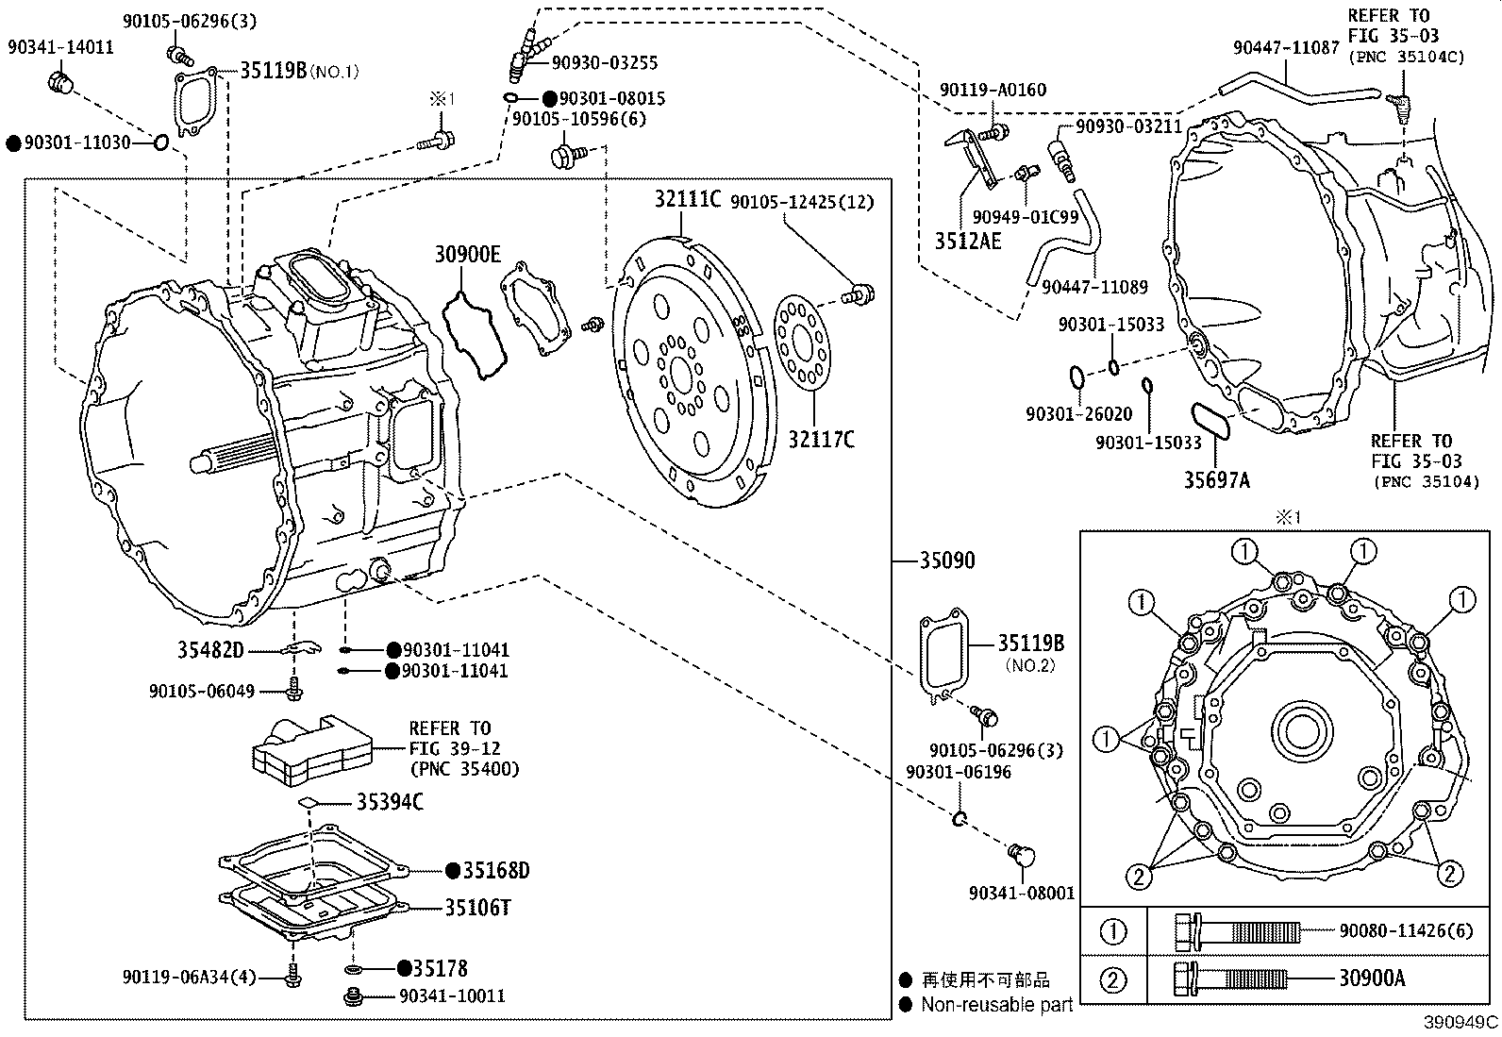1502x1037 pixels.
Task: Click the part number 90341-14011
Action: pyautogui.click(x=60, y=47)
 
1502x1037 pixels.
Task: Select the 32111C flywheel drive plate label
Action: pyautogui.click(x=688, y=199)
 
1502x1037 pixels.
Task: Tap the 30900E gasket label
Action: pyautogui.click(x=468, y=254)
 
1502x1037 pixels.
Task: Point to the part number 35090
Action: pyautogui.click(x=947, y=560)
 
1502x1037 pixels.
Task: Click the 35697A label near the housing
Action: pyautogui.click(x=1217, y=481)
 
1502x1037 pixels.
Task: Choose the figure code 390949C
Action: pyautogui.click(x=1461, y=1023)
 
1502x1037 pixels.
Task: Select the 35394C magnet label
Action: pyautogui.click(x=390, y=802)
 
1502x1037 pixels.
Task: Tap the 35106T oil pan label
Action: pyautogui.click(x=477, y=908)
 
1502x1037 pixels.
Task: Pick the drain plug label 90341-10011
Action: pyautogui.click(x=452, y=996)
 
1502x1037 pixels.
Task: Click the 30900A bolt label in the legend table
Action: pyautogui.click(x=1371, y=978)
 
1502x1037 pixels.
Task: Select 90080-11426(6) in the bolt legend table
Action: pyautogui.click(x=1405, y=931)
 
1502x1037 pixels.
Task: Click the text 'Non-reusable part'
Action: pyautogui.click(x=996, y=1005)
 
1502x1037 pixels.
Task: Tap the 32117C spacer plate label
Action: pyautogui.click(x=821, y=440)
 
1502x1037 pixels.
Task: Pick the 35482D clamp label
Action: pyautogui.click(x=210, y=650)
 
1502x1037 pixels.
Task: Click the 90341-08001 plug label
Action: pyautogui.click(x=1022, y=893)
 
